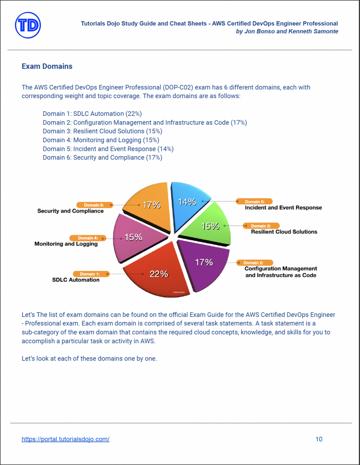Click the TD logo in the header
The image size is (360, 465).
pos(28,25)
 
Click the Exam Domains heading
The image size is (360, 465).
pos(47,66)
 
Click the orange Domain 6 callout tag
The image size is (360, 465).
pos(94,205)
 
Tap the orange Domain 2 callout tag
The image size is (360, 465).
pos(254,262)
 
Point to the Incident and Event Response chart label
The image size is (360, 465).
pos(283,208)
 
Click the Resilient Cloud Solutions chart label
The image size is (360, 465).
pos(284,232)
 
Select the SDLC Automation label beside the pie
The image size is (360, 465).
pos(76,280)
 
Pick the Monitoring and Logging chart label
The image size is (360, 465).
pos(66,244)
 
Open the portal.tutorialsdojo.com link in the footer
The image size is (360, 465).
pos(65,439)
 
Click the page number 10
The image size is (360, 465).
pos(319,439)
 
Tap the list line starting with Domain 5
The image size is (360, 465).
pos(108,148)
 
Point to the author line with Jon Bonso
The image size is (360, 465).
pos(287,31)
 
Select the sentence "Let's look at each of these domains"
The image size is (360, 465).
pos(89,358)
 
